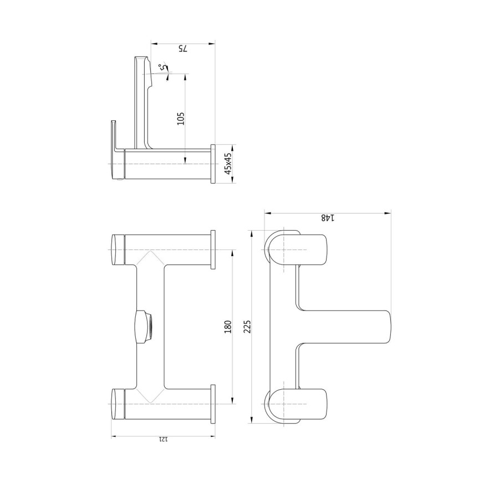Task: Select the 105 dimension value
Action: pyautogui.click(x=180, y=118)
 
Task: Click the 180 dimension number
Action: pyautogui.click(x=227, y=328)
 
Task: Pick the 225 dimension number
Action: pyautogui.click(x=247, y=328)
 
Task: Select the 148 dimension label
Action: pyautogui.click(x=327, y=218)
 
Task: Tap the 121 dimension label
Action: pyautogui.click(x=162, y=439)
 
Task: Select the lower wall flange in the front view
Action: pyautogui.click(x=213, y=403)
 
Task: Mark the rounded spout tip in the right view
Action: pyautogui.click(x=385, y=327)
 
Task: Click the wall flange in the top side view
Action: pyautogui.click(x=212, y=165)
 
